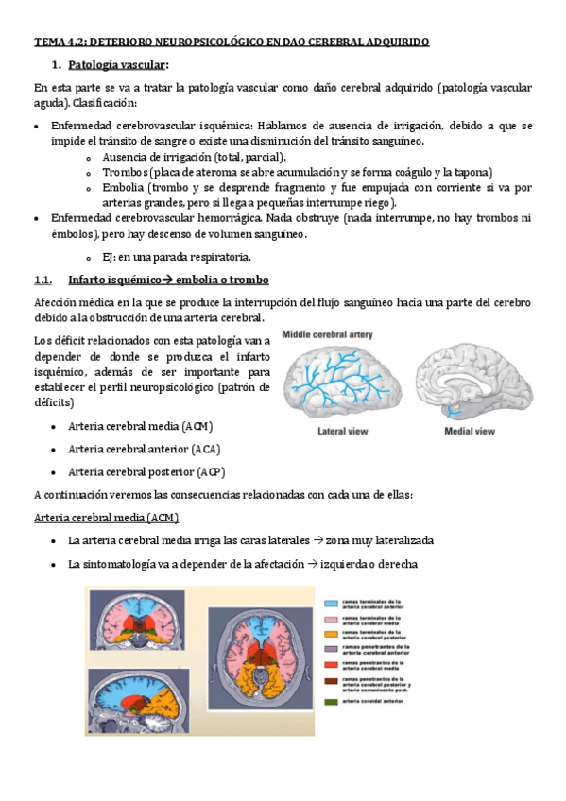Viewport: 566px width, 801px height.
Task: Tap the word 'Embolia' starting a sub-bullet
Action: (x=125, y=188)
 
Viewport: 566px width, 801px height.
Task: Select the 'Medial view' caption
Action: (x=470, y=431)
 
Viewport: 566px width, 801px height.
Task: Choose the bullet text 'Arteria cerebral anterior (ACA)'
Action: (x=145, y=449)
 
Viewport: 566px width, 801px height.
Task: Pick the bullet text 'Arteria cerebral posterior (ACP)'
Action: (x=146, y=471)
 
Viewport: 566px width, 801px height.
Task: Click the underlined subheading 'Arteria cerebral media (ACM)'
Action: (x=106, y=518)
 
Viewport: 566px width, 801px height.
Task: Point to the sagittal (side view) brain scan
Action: (x=135, y=703)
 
